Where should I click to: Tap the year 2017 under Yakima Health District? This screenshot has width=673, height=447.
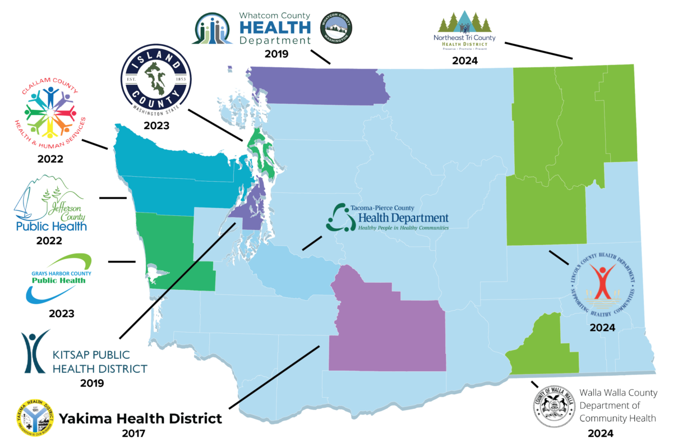[133, 434]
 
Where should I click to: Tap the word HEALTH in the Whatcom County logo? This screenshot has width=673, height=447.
[275, 27]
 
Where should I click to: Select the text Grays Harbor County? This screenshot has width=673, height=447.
[61, 273]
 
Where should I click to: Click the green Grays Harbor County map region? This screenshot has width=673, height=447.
[168, 247]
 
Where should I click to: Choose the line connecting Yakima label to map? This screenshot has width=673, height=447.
[275, 376]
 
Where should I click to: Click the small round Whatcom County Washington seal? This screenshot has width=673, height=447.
[335, 27]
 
